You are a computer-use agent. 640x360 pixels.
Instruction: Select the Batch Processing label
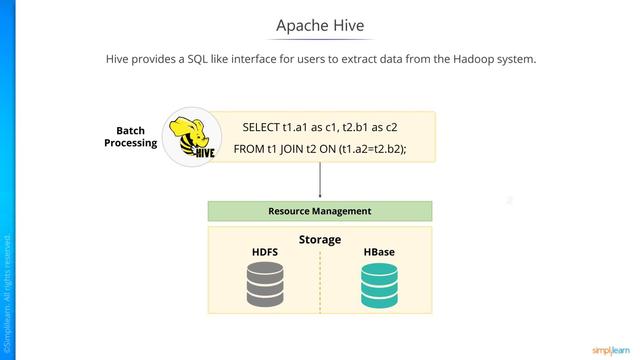pyautogui.click(x=131, y=137)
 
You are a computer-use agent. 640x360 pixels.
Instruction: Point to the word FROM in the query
pyautogui.click(x=248, y=150)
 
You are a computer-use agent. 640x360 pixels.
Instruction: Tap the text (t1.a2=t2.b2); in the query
pyautogui.click(x=373, y=150)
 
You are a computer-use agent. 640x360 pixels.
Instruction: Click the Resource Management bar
pyautogui.click(x=320, y=211)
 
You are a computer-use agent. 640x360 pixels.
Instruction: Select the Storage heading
pyautogui.click(x=320, y=240)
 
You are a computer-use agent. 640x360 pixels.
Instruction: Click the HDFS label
pyautogui.click(x=264, y=252)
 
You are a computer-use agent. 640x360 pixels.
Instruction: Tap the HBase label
pyautogui.click(x=379, y=252)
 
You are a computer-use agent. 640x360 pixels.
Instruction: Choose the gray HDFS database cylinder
pyautogui.click(x=266, y=286)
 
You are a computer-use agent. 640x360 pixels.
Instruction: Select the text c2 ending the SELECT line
pyautogui.click(x=391, y=128)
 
